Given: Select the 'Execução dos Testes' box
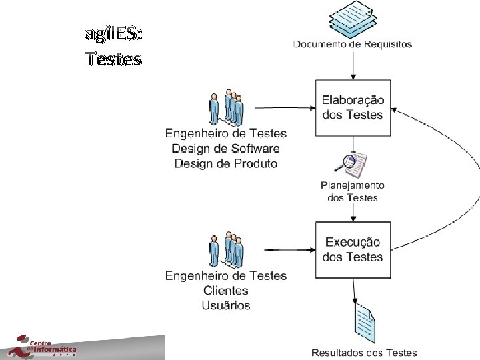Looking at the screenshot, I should [x=353, y=249].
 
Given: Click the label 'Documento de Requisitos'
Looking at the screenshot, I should [x=353, y=45].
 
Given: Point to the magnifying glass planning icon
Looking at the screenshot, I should [x=352, y=164].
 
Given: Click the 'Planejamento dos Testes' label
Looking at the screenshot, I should [x=353, y=191].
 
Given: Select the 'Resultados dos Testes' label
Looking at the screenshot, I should [x=364, y=353].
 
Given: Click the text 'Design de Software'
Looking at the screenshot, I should [x=226, y=149].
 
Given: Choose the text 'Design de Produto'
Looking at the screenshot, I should [x=226, y=163].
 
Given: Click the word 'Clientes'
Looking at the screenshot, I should [x=226, y=291].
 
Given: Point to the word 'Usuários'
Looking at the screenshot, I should [x=226, y=305].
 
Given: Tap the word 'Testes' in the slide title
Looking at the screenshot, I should [x=114, y=59].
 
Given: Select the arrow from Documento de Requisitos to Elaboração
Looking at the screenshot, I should [x=353, y=65].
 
